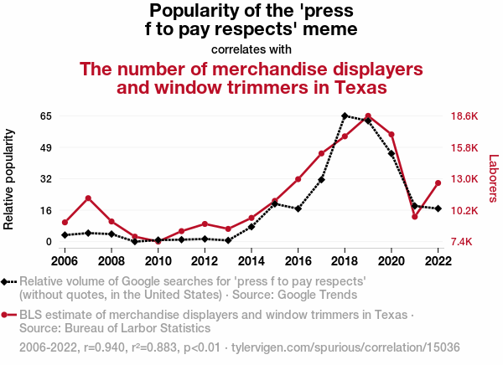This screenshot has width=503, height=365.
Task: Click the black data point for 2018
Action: pos(345,116)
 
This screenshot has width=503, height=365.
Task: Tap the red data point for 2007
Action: pos(88,198)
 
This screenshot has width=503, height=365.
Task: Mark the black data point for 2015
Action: pos(275,204)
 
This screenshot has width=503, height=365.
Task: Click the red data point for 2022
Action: pos(438,183)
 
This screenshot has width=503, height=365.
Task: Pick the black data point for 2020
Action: pos(392,154)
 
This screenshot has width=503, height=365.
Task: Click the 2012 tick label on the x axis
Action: pos(205,260)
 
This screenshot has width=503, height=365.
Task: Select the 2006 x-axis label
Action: pos(65,260)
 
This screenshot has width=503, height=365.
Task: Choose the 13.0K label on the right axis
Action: pos(464,178)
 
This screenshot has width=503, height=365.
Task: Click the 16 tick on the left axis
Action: pos(46,210)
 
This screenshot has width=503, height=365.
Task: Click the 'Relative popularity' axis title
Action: pos(11,179)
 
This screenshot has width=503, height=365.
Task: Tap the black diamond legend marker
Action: pos(7,282)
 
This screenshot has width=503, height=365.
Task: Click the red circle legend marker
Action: pos(7,315)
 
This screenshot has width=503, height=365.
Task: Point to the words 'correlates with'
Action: pos(251,49)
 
